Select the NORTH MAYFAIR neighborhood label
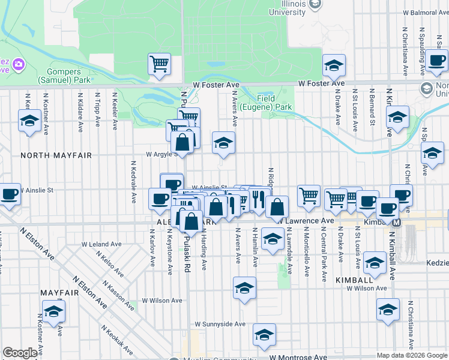(x=56, y=155)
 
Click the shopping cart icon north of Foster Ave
(x=159, y=64)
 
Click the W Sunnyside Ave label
(x=220, y=324)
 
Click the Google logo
(x=20, y=353)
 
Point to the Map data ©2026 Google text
(x=411, y=355)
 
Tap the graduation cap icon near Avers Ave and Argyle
(x=223, y=143)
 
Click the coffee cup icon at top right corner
(x=438, y=61)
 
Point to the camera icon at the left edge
(x=18, y=64)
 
